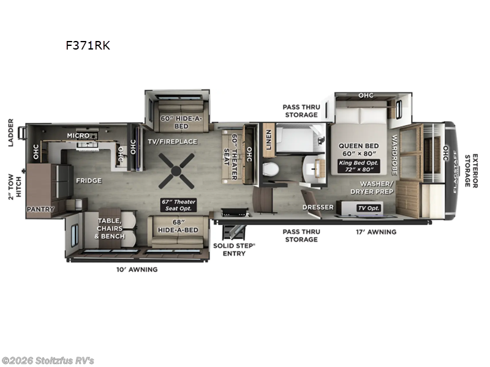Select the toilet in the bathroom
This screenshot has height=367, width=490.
(268, 168)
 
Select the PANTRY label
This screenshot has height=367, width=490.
(40, 209)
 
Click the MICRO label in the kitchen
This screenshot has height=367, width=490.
(80, 135)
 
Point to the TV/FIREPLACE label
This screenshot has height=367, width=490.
(172, 141)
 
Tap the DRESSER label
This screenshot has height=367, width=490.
(318, 207)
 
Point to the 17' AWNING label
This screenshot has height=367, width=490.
(376, 232)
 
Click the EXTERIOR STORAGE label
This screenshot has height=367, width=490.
(472, 169)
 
